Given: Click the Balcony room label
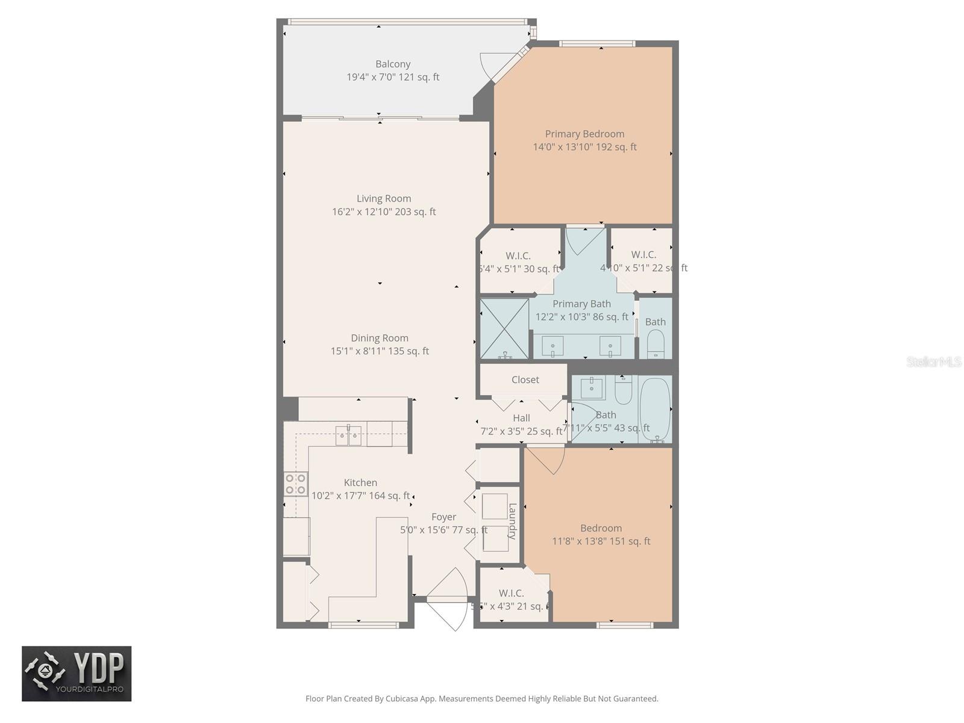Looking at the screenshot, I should pyautogui.click(x=393, y=64).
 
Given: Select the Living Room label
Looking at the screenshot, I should pyautogui.click(x=384, y=198).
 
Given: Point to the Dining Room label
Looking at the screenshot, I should pyautogui.click(x=380, y=338).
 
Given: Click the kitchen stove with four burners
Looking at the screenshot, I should pyautogui.click(x=295, y=484).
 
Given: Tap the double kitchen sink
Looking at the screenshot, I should pyautogui.click(x=348, y=434).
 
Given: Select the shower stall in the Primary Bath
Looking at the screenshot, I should pyautogui.click(x=504, y=328).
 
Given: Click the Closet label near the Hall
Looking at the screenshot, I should pyautogui.click(x=525, y=380).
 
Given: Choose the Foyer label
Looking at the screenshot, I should pyautogui.click(x=443, y=517).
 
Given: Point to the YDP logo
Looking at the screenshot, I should pyautogui.click(x=77, y=674).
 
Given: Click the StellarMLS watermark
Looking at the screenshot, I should pyautogui.click(x=934, y=361).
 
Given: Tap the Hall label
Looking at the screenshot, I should pyautogui.click(x=521, y=418).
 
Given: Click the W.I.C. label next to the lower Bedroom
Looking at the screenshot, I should pyautogui.click(x=511, y=593).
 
